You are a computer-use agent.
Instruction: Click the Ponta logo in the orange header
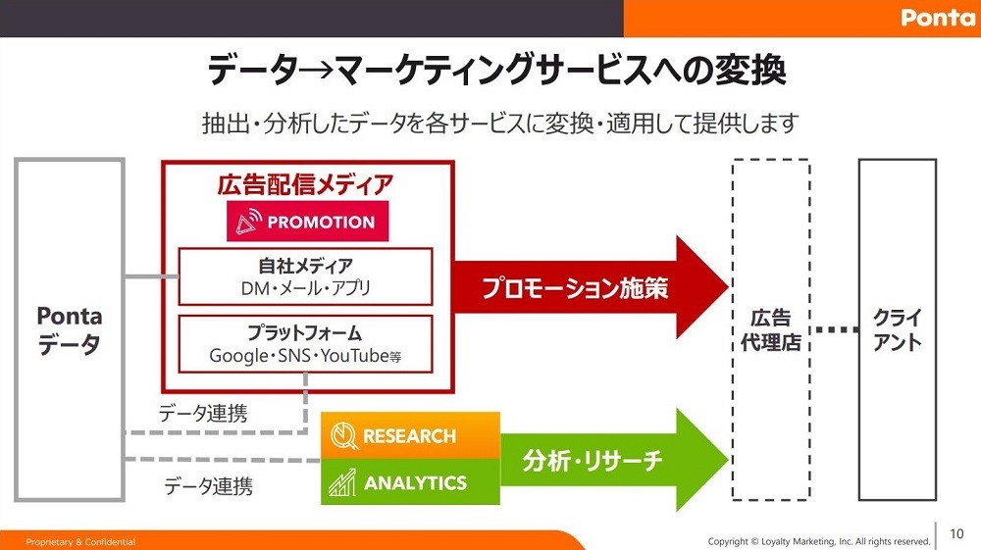pos(937,17)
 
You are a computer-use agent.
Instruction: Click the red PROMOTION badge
pos(307,222)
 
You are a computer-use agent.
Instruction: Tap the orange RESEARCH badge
pos(410,435)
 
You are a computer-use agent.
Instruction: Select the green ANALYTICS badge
pos(410,482)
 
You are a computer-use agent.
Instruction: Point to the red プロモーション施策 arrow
pos(590,287)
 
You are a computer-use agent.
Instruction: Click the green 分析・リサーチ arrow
pos(614,460)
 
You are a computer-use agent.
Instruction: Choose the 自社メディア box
pos(305,276)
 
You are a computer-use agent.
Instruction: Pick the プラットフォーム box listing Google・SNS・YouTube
pos(305,344)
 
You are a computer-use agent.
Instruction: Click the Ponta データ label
pos(70,329)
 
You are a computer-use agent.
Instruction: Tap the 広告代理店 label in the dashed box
pos(771,330)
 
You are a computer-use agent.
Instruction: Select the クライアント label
pos(898,330)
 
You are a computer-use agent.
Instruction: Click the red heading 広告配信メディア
pos(305,184)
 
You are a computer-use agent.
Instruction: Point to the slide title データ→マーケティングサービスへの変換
pos(496,69)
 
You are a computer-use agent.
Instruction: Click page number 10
pos(956,533)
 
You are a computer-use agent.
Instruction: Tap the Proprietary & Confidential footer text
pos(80,542)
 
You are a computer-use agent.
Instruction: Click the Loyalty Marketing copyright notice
pos(819,541)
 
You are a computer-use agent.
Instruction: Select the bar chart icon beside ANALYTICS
pos(342,482)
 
